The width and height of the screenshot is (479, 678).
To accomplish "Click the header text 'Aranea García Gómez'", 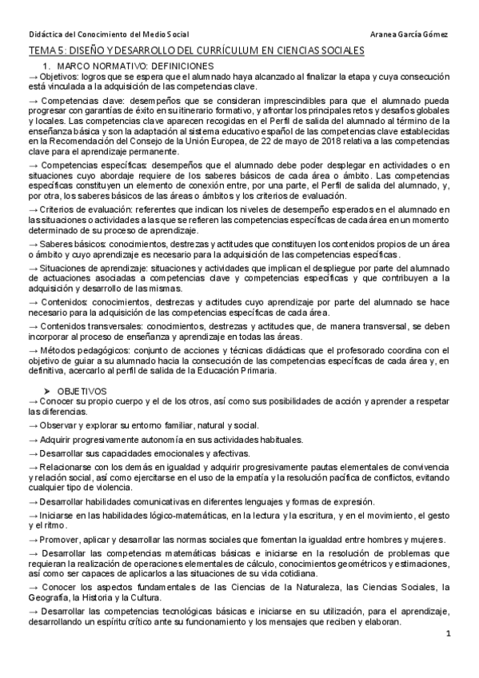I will click(410, 34).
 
